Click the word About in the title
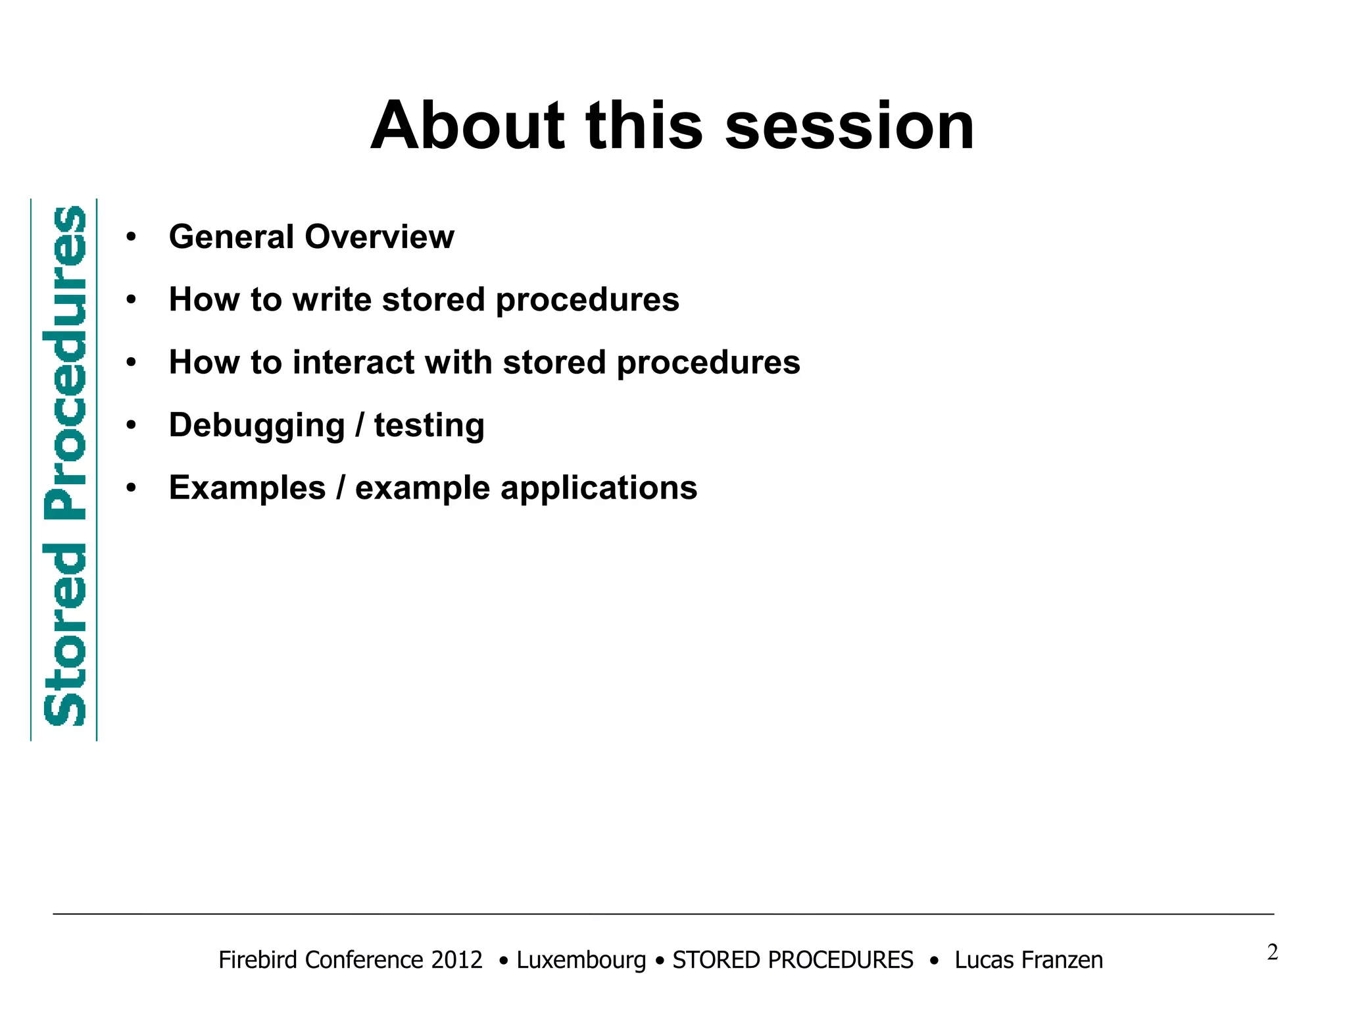[468, 126]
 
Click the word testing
[429, 426]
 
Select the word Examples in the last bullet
[247, 488]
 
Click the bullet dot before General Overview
[132, 238]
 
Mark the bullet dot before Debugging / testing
[132, 426]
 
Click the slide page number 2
[1272, 952]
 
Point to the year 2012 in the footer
[456, 960]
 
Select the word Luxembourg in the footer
[581, 961]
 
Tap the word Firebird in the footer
[260, 960]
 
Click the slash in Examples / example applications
[341, 488]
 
